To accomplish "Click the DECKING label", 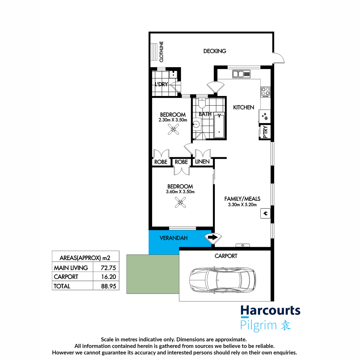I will [214, 51].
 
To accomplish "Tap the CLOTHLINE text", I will [161, 52].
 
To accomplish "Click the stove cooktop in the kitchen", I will [265, 91].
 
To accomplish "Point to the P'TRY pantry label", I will [265, 132].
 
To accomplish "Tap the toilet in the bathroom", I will [202, 103].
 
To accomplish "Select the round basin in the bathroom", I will [197, 124].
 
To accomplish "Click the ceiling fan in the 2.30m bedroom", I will [173, 130].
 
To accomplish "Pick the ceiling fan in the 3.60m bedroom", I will [180, 202].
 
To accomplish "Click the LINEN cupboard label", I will [202, 162].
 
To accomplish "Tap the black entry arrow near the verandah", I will [213, 237].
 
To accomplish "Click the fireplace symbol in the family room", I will [265, 213].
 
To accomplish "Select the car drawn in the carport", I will [223, 280].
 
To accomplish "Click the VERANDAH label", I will [173, 238].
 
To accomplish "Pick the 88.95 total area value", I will [108, 286].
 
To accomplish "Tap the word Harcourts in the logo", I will [270, 310].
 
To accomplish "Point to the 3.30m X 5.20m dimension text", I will [242, 205].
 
